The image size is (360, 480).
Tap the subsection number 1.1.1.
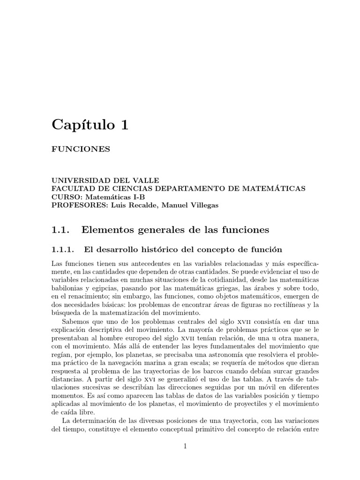(64, 248)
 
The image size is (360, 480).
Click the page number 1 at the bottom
(186, 447)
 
